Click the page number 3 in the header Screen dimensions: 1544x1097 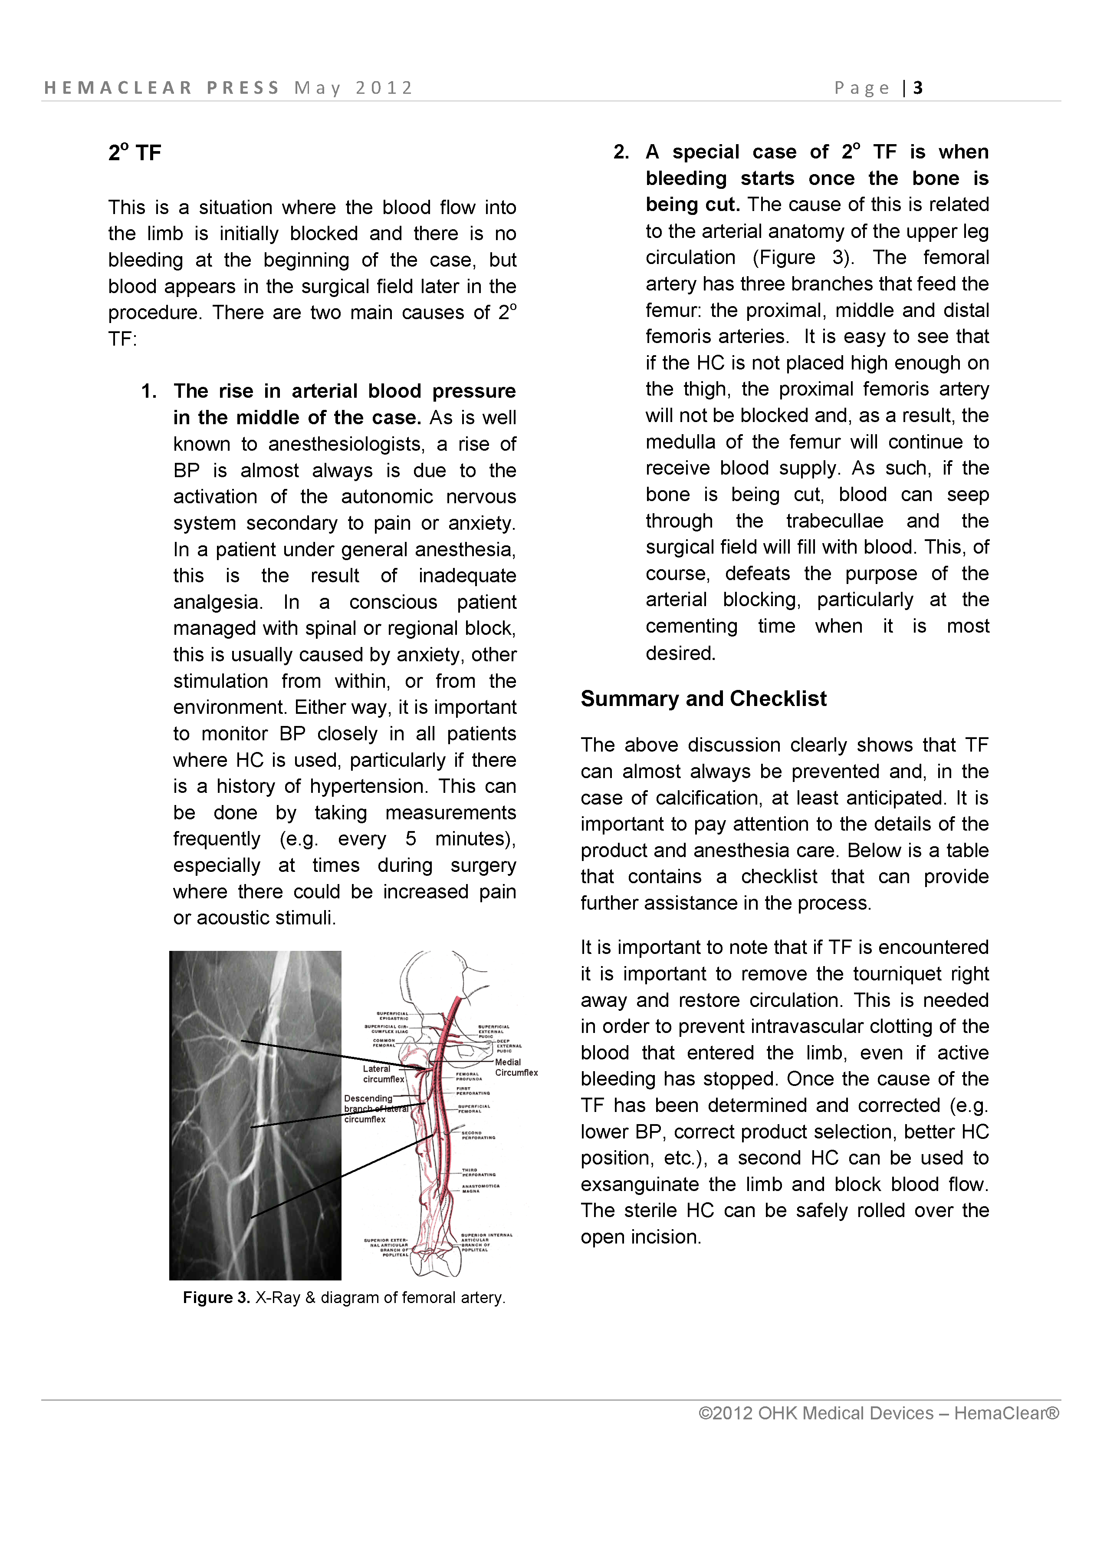918,88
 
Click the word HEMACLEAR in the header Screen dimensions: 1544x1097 118,88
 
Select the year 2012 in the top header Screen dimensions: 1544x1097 384,88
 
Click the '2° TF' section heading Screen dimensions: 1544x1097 135,153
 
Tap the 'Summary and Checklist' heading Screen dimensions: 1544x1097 703,698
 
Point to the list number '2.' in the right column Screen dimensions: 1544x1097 621,152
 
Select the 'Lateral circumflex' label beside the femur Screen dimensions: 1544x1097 383,1074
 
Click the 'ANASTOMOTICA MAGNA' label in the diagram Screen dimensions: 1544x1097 481,1188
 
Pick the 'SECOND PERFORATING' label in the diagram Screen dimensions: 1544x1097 478,1135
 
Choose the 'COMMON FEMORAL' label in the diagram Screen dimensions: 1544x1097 384,1043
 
